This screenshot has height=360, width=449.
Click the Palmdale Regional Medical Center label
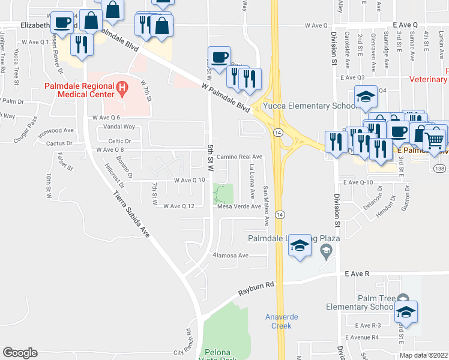pos(79,91)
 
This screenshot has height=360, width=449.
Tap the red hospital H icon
pos(123,91)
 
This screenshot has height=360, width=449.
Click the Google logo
pos(20,352)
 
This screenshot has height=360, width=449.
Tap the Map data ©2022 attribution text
pos(424,355)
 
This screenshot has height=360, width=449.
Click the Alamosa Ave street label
pos(232,255)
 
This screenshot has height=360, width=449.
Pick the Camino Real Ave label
pos(240,157)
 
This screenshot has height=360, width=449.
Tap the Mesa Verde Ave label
pos(239,206)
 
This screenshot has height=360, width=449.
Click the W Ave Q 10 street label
pos(189,180)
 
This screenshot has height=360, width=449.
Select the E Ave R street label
pos(357,273)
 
